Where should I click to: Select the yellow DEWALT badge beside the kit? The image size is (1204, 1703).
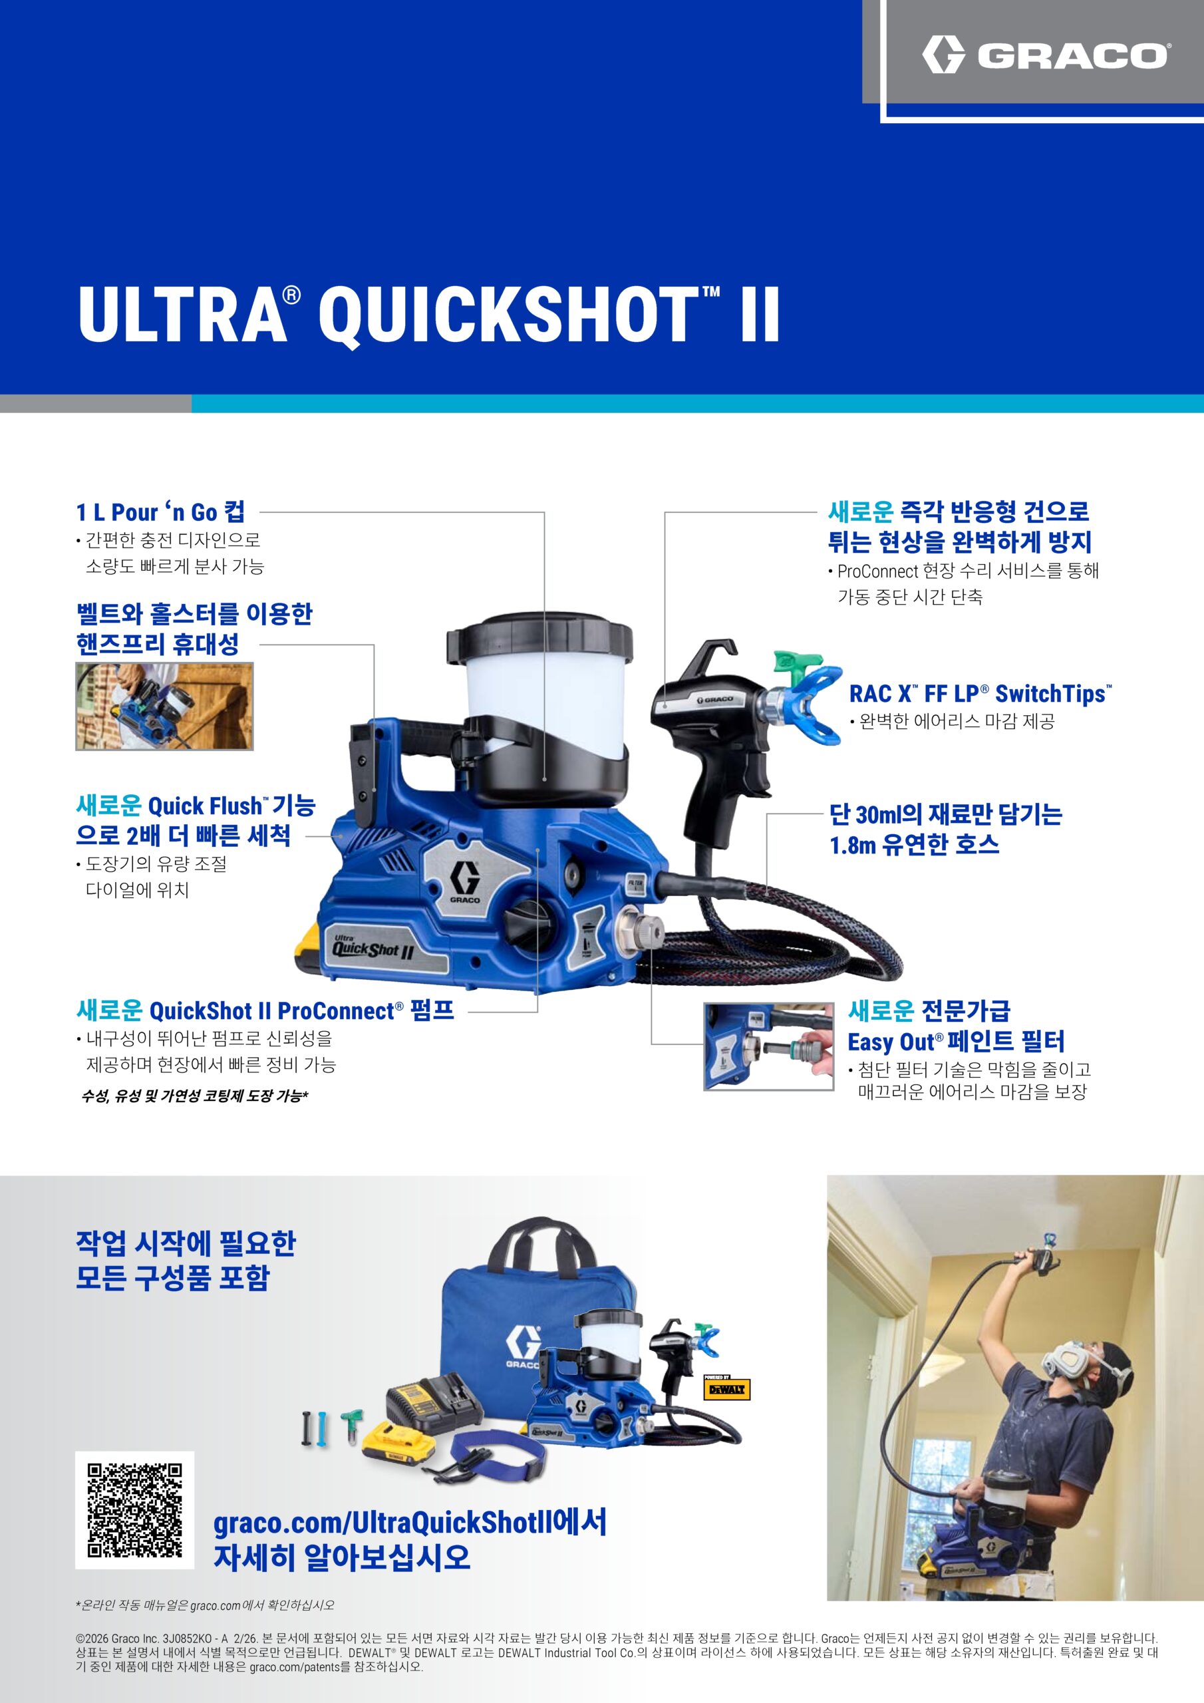click(726, 1388)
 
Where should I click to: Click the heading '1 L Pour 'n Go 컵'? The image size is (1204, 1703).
click(160, 512)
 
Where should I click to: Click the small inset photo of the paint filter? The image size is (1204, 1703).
click(768, 1046)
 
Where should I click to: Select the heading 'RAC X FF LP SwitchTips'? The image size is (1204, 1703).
click(980, 694)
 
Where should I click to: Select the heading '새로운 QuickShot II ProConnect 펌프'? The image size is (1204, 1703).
click(265, 1010)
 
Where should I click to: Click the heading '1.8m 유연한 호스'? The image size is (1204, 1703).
click(915, 844)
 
